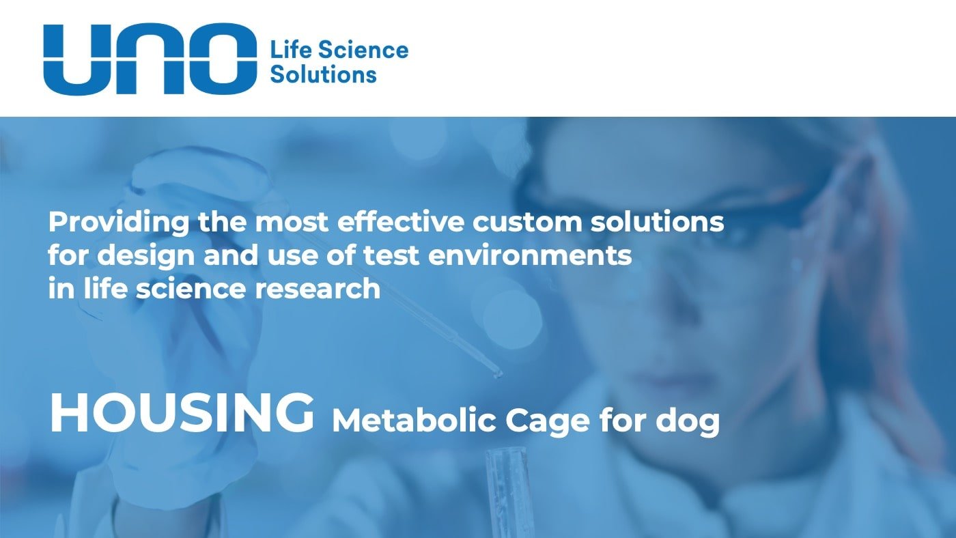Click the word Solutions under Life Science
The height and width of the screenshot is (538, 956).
tap(323, 74)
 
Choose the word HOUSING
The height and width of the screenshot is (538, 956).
tap(182, 414)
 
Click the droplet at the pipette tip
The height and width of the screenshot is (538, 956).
tap(498, 373)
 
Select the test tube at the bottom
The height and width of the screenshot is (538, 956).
tap(507, 492)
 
